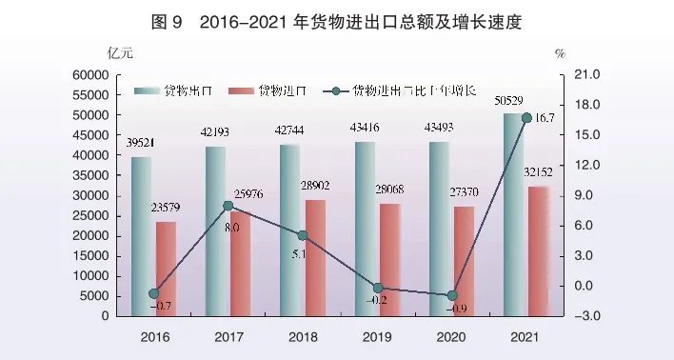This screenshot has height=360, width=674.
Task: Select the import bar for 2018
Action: point(314,257)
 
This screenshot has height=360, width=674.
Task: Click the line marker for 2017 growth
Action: point(228,206)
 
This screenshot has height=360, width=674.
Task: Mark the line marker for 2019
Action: point(377,288)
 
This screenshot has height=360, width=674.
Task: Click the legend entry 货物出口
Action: point(181,91)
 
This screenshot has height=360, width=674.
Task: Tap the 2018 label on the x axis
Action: point(303,336)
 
